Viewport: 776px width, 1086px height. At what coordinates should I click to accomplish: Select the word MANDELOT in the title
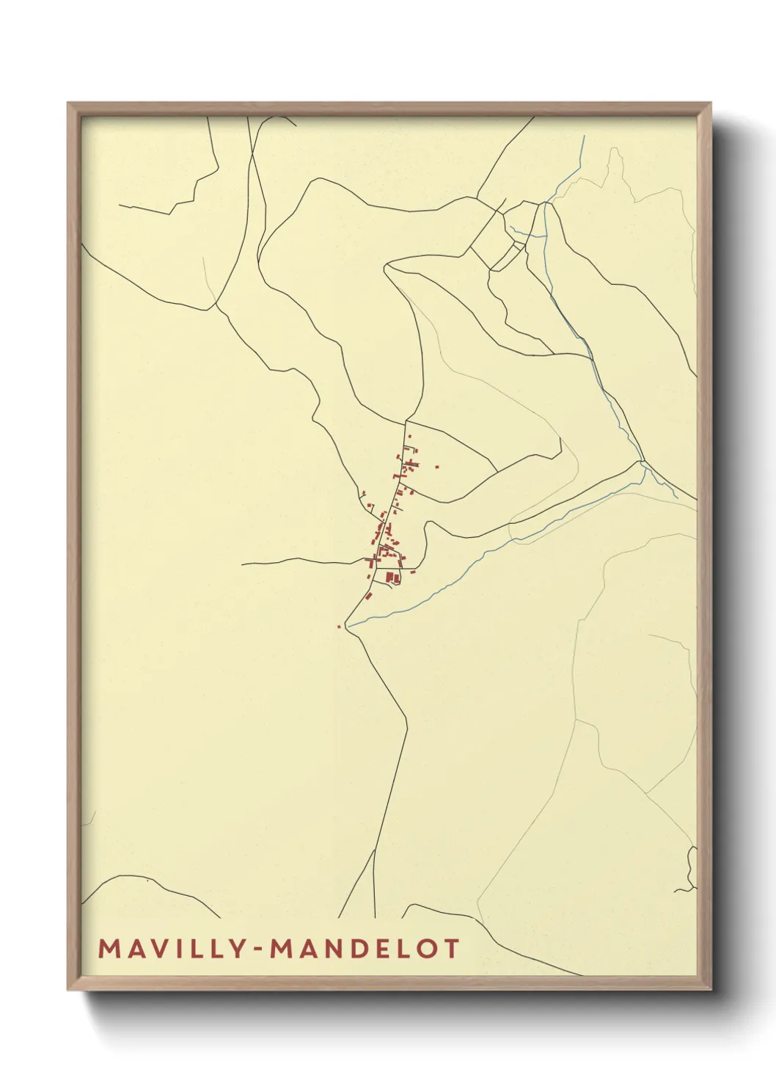pyautogui.click(x=365, y=949)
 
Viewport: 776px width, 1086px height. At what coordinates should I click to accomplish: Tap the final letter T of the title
pyautogui.click(x=450, y=949)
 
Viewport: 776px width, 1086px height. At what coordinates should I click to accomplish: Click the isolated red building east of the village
pyautogui.click(x=437, y=466)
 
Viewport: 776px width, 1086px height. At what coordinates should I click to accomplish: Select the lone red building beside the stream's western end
pyautogui.click(x=338, y=626)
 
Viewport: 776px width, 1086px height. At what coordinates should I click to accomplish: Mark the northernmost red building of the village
pyautogui.click(x=409, y=437)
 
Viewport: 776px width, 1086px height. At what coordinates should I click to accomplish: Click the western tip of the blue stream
pyautogui.click(x=348, y=625)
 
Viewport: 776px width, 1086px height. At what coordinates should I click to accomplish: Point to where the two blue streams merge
pyautogui.click(x=643, y=464)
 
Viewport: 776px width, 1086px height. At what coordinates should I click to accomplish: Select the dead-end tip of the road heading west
pyautogui.click(x=243, y=564)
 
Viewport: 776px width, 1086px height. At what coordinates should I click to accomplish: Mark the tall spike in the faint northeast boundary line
pyautogui.click(x=613, y=150)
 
